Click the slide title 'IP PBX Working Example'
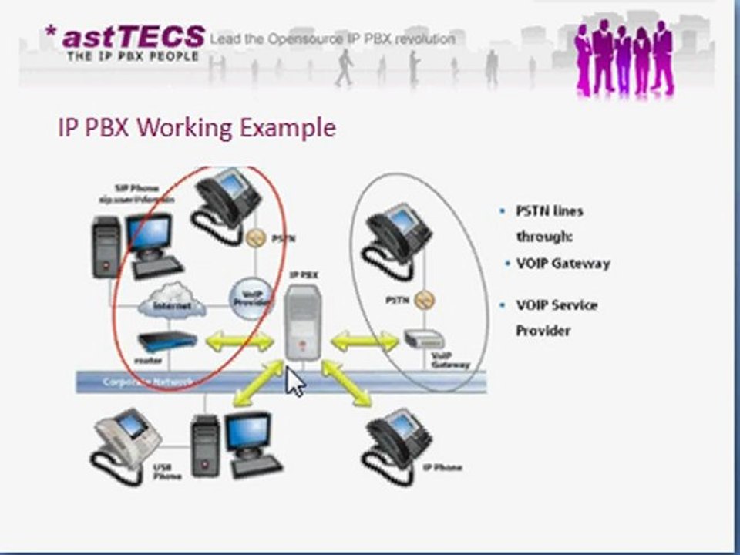coord(197,127)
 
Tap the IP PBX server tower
coord(302,321)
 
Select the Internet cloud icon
coord(172,303)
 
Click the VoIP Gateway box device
coord(423,339)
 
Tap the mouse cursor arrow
coord(294,382)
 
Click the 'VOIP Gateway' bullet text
coord(563,264)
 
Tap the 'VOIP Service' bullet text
coord(556,305)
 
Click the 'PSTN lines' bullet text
coord(549,211)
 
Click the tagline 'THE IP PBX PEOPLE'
coord(133,56)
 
